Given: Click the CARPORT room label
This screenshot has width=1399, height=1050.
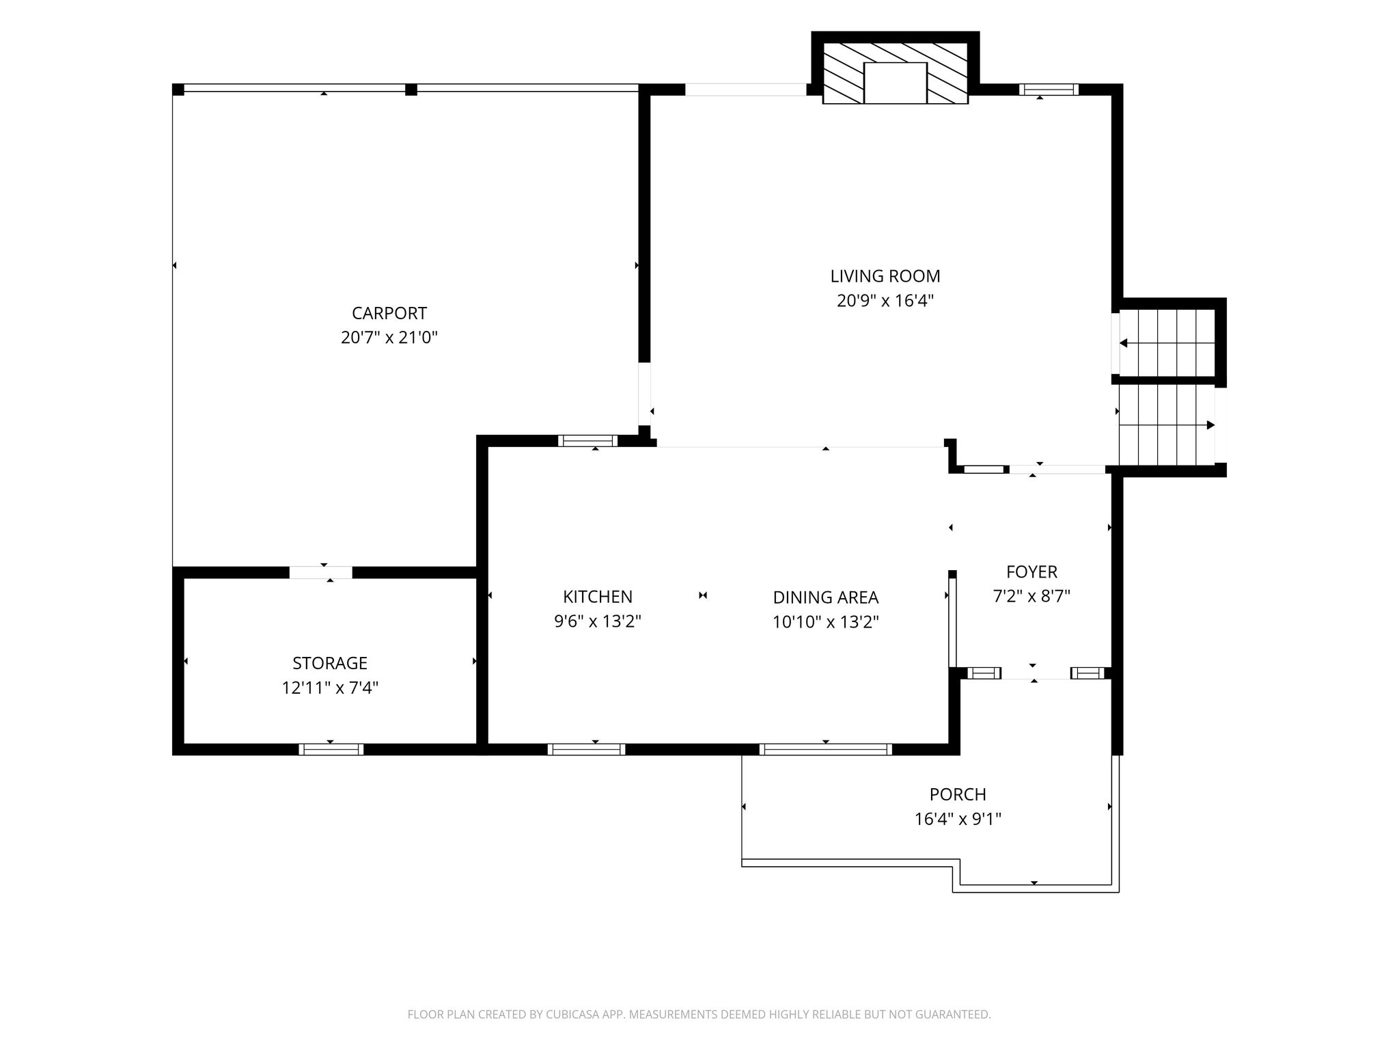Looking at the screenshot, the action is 389,313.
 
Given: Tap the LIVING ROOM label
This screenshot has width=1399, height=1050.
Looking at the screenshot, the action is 885,276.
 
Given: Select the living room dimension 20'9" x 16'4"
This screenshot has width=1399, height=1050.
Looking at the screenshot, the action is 885,301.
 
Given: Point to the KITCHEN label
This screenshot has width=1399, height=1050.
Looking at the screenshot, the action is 598,597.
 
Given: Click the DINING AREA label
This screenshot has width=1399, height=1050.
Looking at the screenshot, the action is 825,597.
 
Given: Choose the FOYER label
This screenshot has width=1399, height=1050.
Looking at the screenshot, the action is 1031,571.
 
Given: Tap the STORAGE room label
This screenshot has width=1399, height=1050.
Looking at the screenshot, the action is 330,663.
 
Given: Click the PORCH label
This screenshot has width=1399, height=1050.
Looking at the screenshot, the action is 958,794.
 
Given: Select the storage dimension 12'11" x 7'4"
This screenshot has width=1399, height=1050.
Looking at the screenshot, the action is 330,688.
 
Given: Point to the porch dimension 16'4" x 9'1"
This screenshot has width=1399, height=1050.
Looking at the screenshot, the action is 958,819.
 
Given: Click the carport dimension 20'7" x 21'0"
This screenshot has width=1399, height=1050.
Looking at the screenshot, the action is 389,338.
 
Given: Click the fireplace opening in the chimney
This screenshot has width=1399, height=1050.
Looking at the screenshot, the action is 896,83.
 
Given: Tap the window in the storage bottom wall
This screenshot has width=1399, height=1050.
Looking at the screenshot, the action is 331,749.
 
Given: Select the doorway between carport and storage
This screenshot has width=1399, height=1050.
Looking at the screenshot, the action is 321,573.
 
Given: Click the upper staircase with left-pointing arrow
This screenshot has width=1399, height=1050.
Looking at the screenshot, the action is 1167,343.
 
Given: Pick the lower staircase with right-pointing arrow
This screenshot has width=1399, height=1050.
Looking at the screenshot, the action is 1167,425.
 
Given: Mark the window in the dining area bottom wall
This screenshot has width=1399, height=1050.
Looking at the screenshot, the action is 825,749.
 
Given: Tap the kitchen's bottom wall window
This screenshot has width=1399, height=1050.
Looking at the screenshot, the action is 586,749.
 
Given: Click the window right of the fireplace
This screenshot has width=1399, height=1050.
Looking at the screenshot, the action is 1049,90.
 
